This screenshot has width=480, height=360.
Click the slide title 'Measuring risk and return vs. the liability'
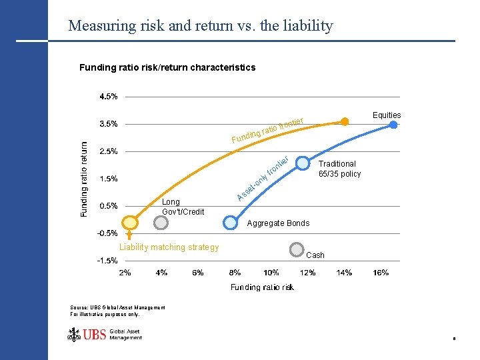(200, 26)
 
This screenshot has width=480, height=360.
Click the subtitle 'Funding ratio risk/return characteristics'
(167, 67)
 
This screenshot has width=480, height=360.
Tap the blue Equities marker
(394, 124)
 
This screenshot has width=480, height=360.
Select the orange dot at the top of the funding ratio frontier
(345, 121)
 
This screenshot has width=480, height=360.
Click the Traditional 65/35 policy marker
(303, 163)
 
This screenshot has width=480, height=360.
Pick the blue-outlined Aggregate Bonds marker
(231, 222)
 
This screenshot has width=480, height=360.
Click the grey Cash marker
(296, 249)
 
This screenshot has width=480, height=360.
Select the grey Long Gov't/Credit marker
(161, 222)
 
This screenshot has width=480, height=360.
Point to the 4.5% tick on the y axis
(109, 97)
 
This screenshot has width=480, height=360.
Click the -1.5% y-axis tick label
(108, 261)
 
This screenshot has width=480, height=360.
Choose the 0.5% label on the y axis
(109, 206)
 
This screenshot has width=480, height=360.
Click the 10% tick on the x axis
(271, 273)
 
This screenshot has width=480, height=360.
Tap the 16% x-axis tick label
(381, 273)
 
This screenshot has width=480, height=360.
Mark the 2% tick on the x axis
(125, 273)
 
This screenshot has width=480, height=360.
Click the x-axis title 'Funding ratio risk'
(262, 287)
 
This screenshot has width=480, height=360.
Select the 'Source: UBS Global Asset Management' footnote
(117, 307)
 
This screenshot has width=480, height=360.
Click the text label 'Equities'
(387, 115)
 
